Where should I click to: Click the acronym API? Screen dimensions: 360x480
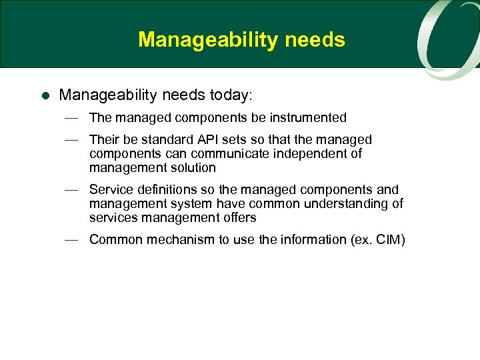(203, 140)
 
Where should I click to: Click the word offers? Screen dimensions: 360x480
(239, 218)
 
